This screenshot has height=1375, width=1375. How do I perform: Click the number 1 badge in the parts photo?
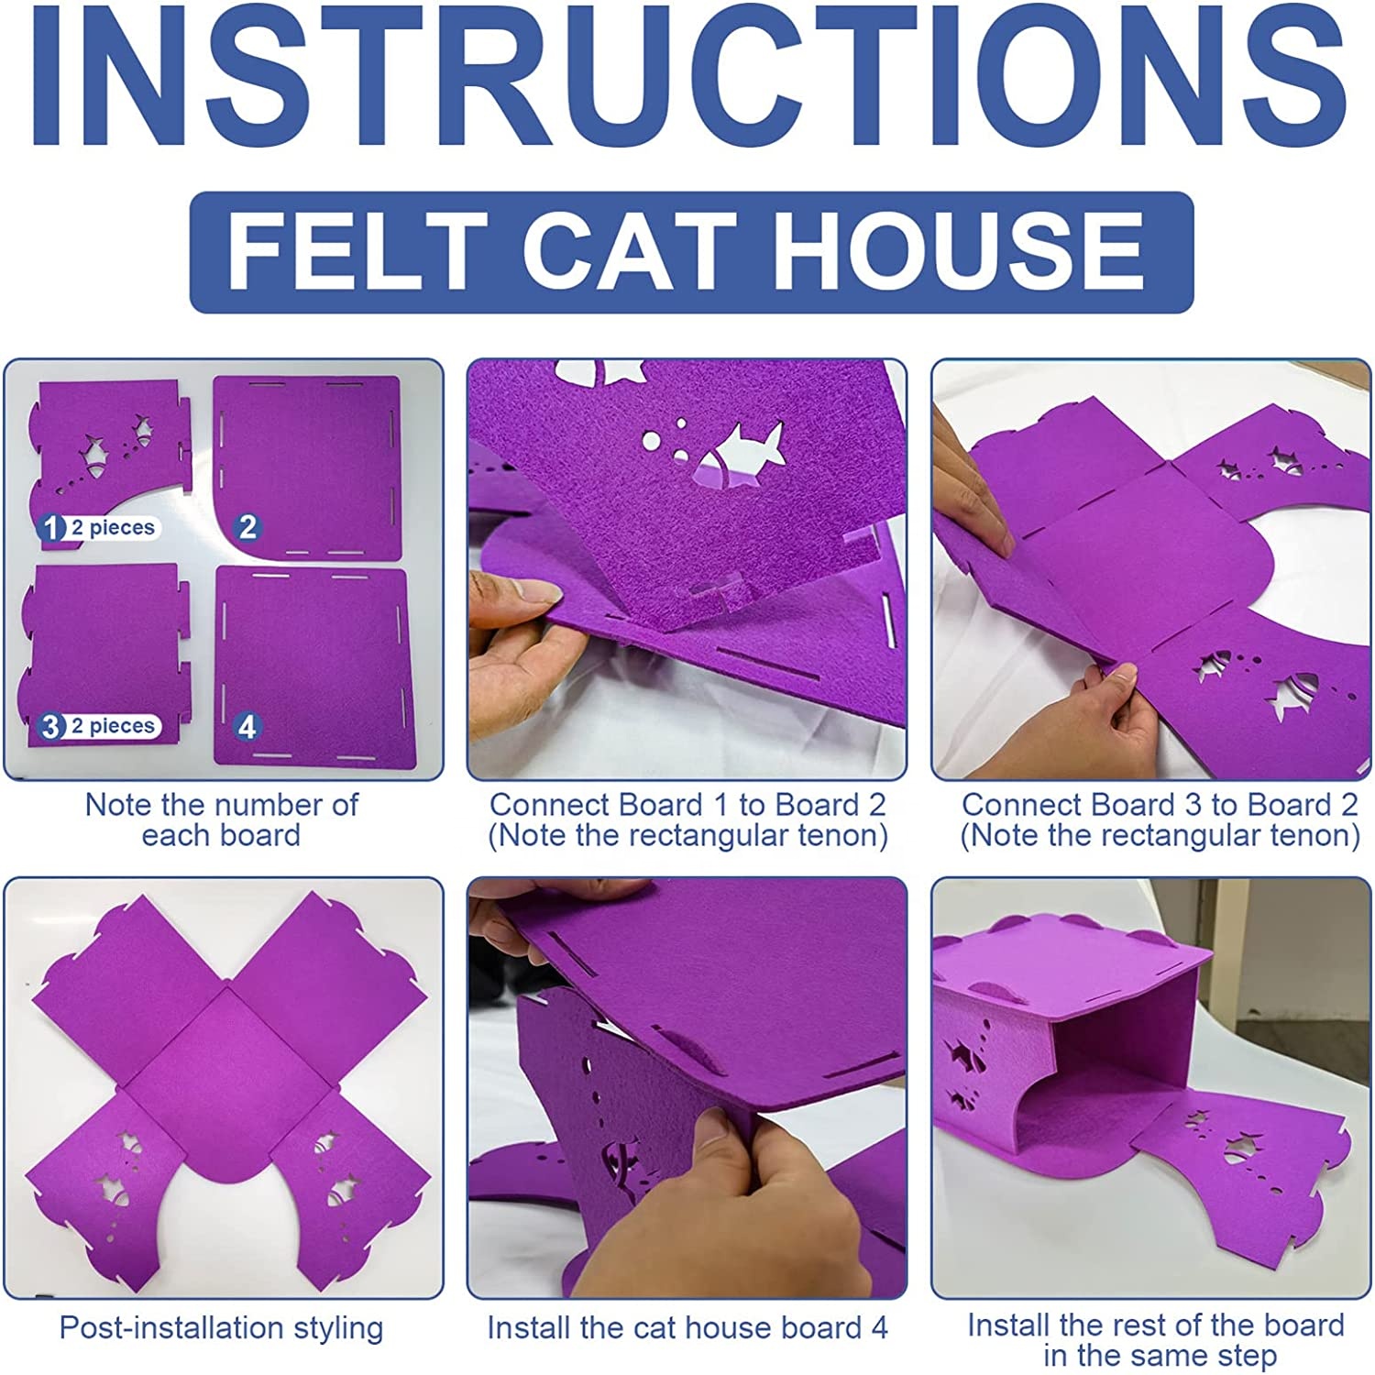51,528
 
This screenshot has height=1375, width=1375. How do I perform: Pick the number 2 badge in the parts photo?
247,527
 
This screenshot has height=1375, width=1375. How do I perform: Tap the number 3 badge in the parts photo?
51,726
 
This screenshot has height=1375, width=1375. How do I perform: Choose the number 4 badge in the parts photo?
247,726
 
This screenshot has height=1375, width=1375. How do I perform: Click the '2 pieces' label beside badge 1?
113,528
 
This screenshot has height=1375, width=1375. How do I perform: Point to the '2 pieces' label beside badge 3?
113,726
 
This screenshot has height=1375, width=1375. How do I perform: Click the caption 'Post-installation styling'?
221,1327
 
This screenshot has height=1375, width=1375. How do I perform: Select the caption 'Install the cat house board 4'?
687,1327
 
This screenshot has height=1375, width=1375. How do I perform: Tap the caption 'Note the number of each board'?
221,819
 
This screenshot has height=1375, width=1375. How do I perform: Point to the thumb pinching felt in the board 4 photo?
733,1160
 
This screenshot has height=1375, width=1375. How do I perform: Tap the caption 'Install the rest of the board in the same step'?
1156,1340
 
